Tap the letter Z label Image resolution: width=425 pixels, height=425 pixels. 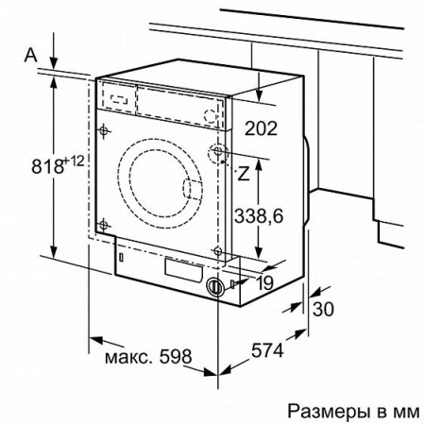coord(244,173)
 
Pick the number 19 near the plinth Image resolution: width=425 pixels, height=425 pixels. coord(265,281)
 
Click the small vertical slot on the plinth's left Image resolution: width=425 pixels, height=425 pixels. coord(121,256)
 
